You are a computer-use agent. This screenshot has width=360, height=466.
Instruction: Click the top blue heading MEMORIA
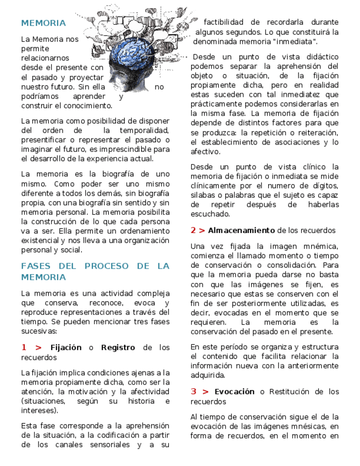[43, 23]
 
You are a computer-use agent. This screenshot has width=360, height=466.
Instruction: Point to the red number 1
[24, 347]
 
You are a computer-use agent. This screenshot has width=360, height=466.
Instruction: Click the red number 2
[193, 230]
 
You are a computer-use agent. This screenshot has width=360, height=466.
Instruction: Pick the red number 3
[193, 392]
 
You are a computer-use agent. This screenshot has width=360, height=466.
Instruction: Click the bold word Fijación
[66, 347]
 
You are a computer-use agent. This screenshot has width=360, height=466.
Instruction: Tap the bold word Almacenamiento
[241, 230]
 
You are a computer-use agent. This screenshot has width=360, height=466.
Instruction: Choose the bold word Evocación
[235, 392]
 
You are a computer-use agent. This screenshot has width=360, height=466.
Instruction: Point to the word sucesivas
[39, 331]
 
